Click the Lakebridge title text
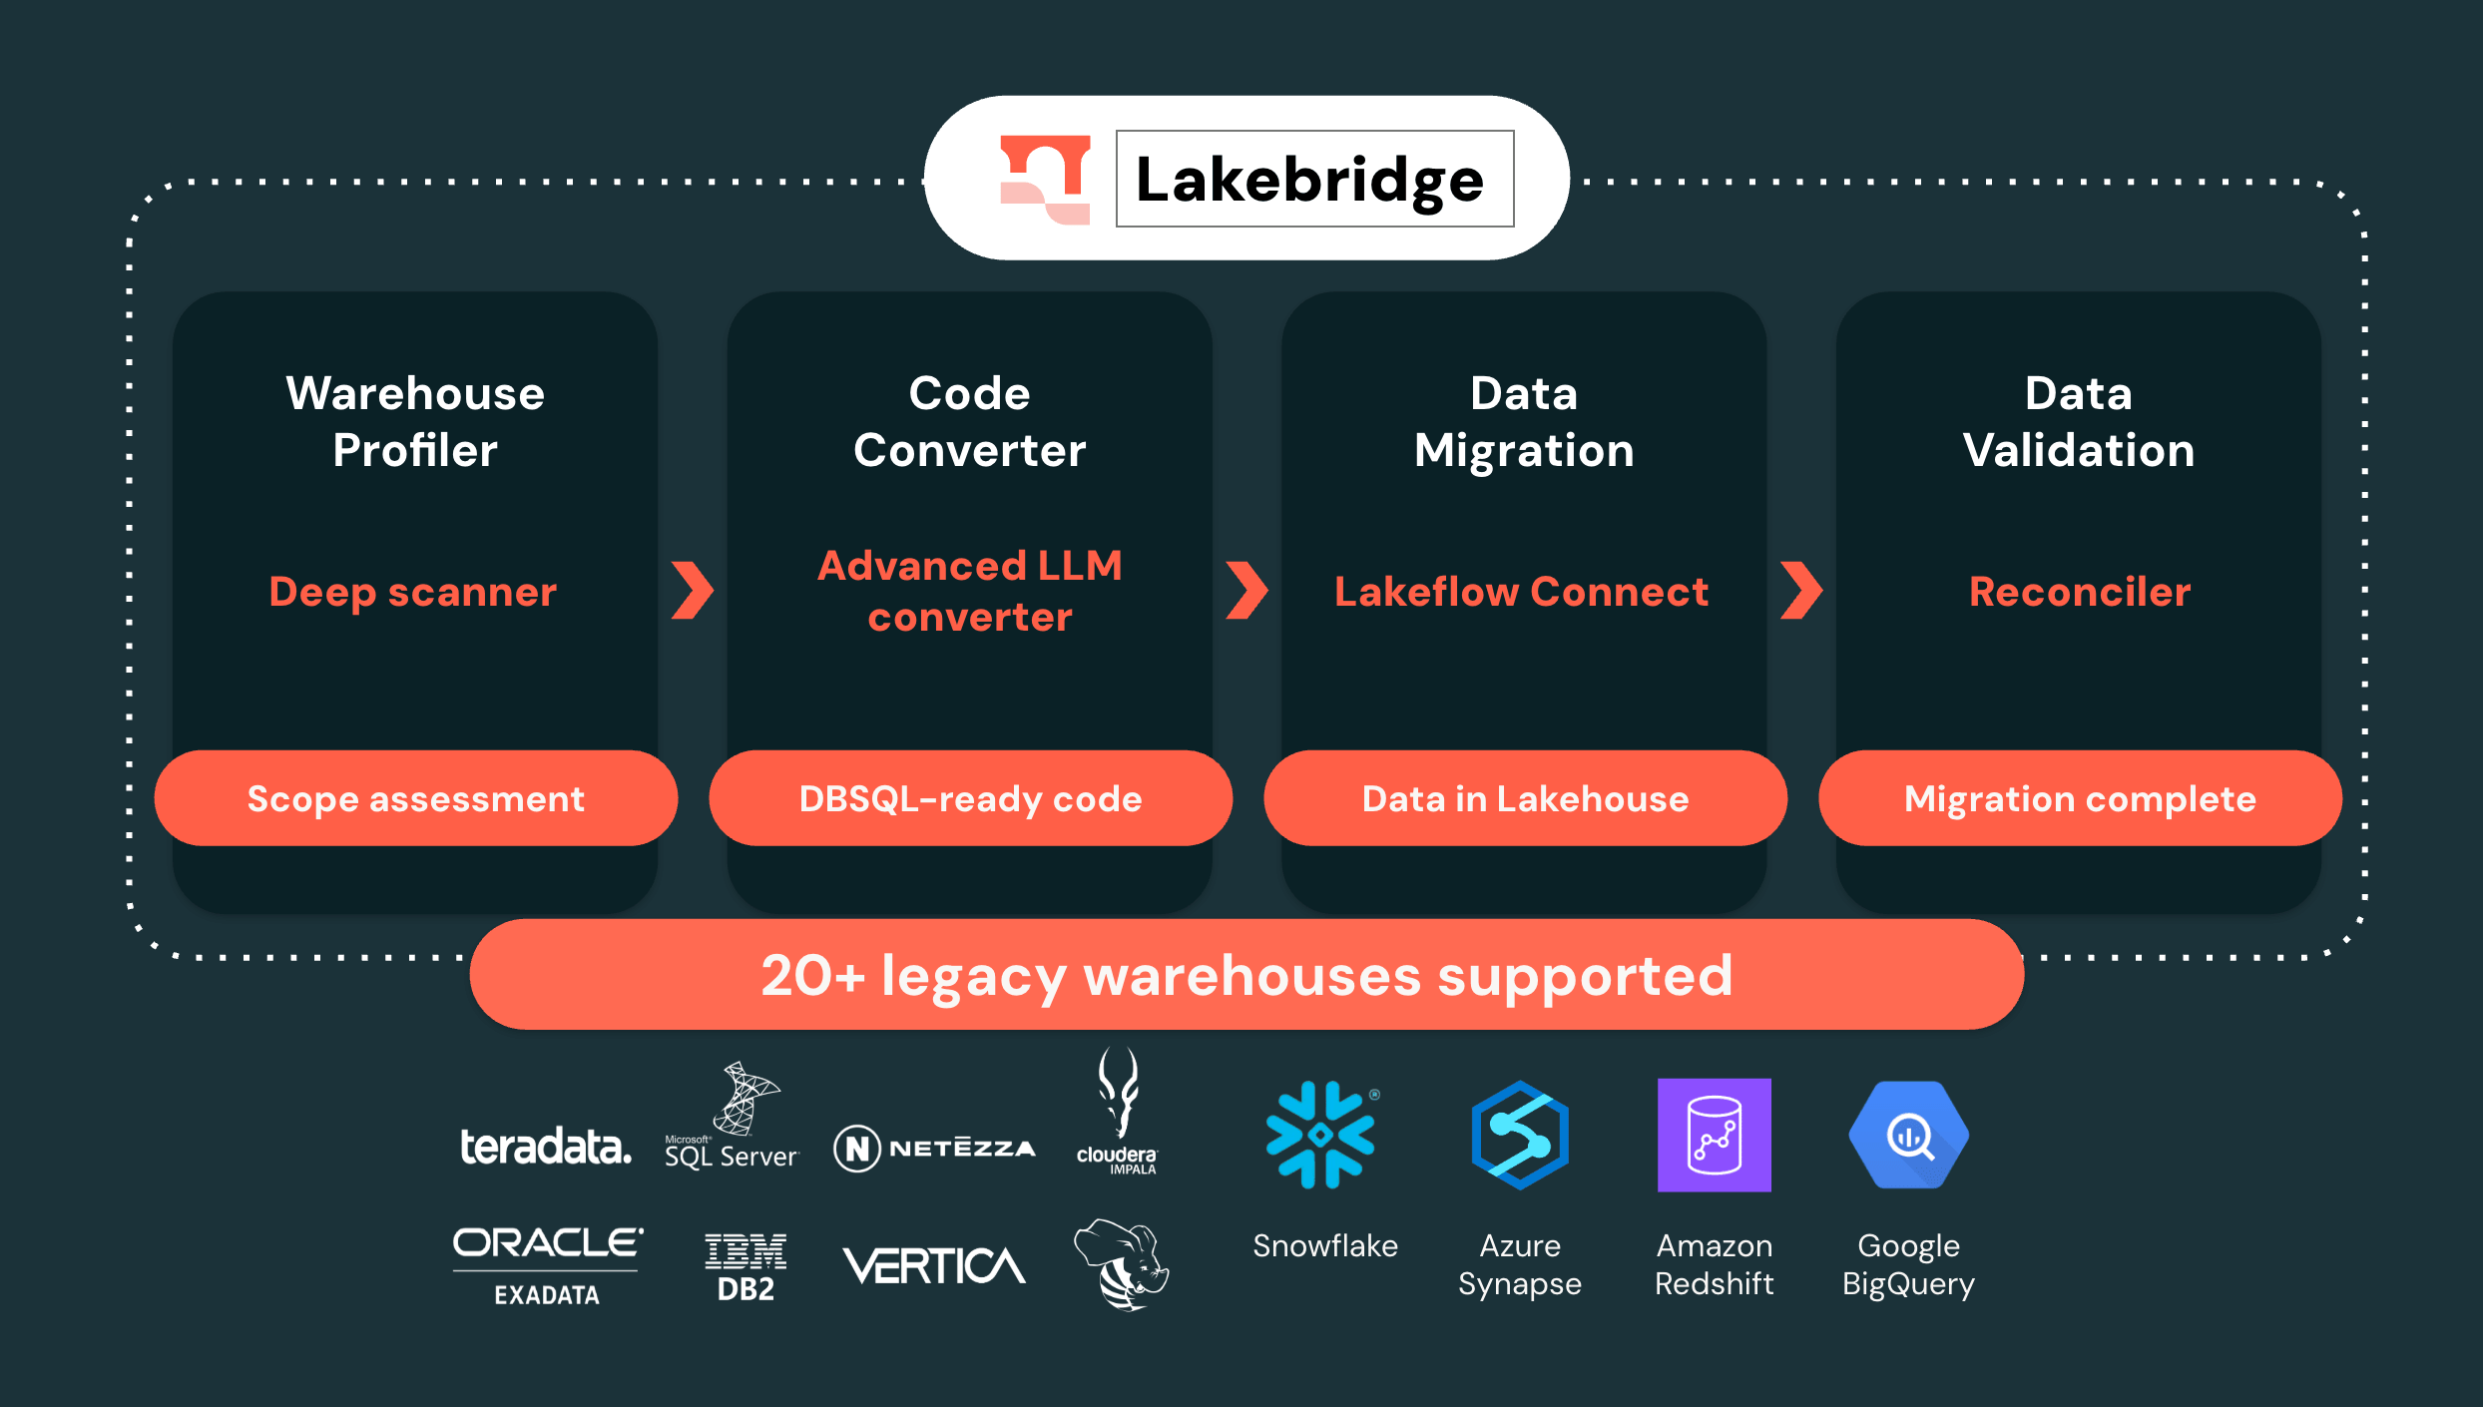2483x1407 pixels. tap(1310, 181)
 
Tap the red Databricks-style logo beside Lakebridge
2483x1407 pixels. tap(1045, 180)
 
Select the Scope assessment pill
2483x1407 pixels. tap(415, 798)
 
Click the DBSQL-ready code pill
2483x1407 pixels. tap(970, 798)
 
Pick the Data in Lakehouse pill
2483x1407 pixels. tap(1525, 798)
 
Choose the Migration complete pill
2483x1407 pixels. tap(2080, 798)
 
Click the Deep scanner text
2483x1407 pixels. tap(413, 592)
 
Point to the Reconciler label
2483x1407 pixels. tap(2080, 592)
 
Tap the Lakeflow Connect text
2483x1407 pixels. tap(1521, 592)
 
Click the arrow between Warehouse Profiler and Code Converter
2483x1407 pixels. tap(693, 590)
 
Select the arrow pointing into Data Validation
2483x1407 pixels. tap(1801, 590)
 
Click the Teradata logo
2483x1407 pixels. tap(545, 1147)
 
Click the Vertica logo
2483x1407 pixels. tap(934, 1265)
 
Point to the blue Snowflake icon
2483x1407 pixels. tap(1319, 1135)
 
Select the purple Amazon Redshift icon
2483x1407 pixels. tap(1714, 1135)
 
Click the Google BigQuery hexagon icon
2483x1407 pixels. tap(1908, 1135)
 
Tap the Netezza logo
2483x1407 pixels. tap(935, 1148)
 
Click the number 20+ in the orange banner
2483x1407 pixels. tap(811, 975)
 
